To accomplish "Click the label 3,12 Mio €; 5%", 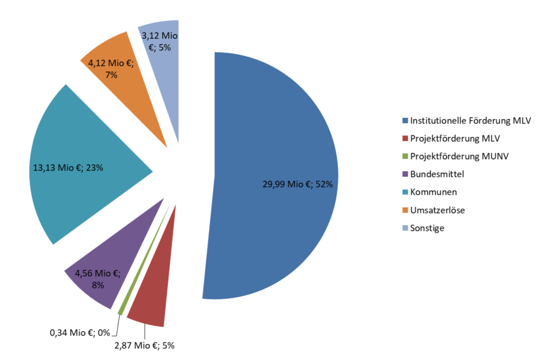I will tap(160, 42).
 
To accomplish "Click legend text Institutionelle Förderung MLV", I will tap(471, 121).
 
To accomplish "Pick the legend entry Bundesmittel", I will tap(437, 174).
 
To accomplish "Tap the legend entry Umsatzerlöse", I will tap(437, 210).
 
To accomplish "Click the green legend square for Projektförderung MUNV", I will tap(405, 157).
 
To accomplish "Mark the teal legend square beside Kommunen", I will tap(405, 193).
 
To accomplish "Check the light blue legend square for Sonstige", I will tap(405, 228).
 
